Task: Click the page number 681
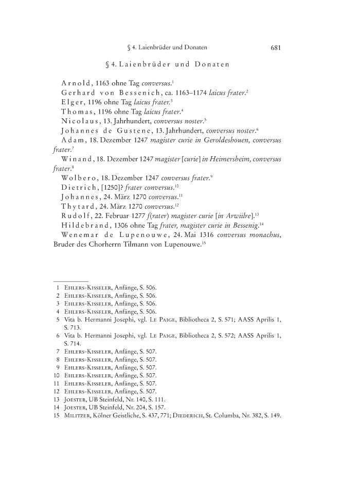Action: click(x=275, y=48)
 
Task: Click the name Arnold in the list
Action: click(x=76, y=83)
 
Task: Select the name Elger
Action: click(x=74, y=102)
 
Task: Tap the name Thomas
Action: click(x=78, y=111)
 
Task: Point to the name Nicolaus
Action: click(x=80, y=121)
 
